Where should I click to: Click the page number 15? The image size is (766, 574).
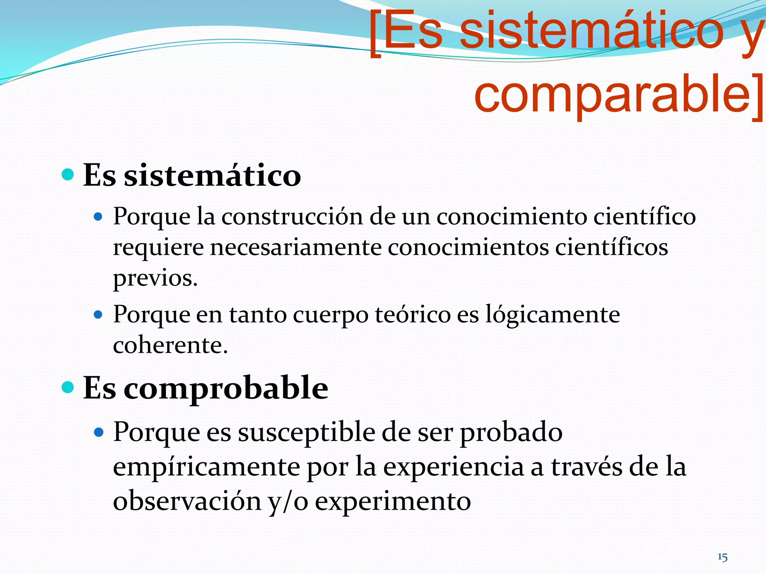(722, 557)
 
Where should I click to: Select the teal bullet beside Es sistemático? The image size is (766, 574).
(68, 174)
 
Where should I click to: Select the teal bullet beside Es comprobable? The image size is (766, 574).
(68, 387)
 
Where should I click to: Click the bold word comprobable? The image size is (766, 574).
(226, 389)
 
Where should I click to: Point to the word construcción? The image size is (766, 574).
(292, 217)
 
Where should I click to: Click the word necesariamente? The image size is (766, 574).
(295, 247)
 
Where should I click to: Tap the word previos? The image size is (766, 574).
(155, 279)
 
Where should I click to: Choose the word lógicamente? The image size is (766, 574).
(552, 315)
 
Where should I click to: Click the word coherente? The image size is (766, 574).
(170, 345)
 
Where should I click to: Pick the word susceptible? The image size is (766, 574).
(307, 432)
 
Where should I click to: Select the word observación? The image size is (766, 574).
(187, 502)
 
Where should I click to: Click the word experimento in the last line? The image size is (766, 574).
(393, 502)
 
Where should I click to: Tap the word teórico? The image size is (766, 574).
(413, 315)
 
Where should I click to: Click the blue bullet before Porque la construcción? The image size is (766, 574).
(98, 216)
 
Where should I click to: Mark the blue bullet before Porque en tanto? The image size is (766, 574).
(98, 315)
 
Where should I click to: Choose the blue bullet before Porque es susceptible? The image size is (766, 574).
(98, 432)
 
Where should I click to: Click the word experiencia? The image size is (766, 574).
(453, 467)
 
